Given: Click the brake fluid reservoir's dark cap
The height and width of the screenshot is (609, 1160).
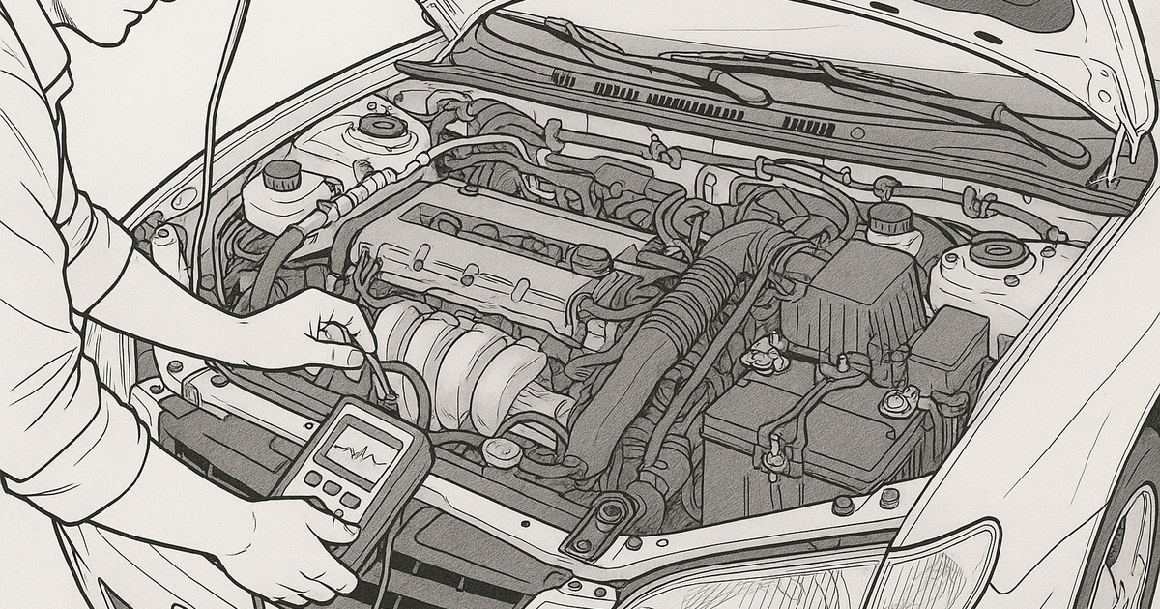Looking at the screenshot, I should click(x=281, y=174).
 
